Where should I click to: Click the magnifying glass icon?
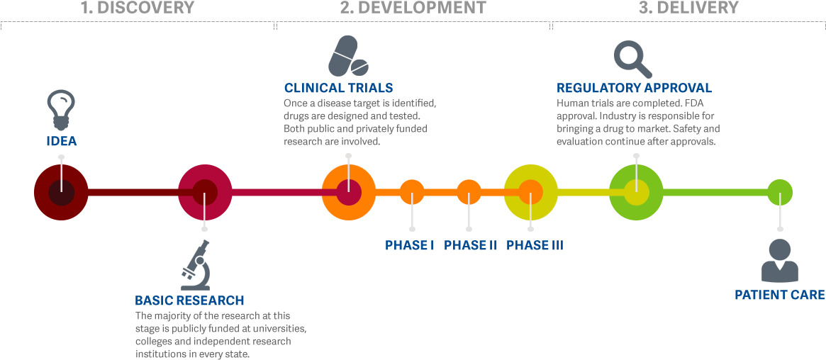tap(632, 59)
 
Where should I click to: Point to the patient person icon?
tap(779, 261)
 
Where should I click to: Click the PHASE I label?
tap(409, 246)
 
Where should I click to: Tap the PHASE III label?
tap(535, 246)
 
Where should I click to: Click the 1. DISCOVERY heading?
tap(137, 9)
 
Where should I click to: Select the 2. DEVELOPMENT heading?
tap(413, 9)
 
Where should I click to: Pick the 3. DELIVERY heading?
tap(688, 9)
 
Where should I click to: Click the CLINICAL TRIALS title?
tap(338, 89)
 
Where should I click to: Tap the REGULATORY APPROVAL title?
tap(634, 89)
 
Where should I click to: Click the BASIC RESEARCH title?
tap(189, 300)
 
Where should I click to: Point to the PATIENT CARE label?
tap(779, 295)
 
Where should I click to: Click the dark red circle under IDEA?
tap(61, 192)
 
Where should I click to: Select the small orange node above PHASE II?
tap(469, 192)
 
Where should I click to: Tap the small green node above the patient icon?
tap(779, 192)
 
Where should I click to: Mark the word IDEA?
tap(62, 142)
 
